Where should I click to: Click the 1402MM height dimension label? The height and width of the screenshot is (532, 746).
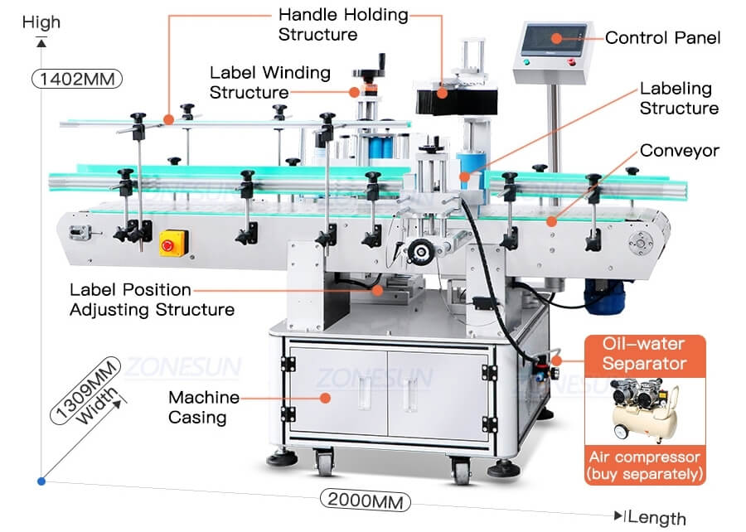(x=76, y=80)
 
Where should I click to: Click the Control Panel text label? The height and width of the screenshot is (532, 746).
(x=662, y=37)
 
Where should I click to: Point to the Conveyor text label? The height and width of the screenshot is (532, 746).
(x=680, y=151)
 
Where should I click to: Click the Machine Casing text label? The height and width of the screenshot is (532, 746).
(x=204, y=407)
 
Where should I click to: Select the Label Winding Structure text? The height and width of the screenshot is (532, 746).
(x=269, y=83)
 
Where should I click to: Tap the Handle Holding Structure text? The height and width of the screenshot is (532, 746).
(x=342, y=25)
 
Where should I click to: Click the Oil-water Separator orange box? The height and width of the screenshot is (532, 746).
(x=644, y=354)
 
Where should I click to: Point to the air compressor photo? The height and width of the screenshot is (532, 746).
(x=644, y=411)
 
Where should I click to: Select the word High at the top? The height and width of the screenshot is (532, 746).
(x=41, y=22)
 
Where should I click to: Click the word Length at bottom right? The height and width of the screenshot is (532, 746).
(x=657, y=518)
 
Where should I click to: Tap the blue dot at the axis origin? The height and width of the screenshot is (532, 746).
(x=41, y=481)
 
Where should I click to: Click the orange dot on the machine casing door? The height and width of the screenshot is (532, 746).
(x=326, y=397)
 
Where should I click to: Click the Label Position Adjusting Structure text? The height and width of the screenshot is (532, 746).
(x=152, y=300)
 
